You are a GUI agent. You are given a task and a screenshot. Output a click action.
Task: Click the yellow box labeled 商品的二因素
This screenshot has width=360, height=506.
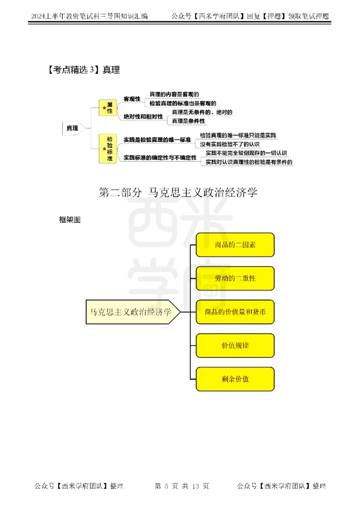point(235,245)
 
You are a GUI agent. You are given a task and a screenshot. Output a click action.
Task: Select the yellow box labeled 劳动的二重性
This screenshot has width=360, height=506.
point(235,278)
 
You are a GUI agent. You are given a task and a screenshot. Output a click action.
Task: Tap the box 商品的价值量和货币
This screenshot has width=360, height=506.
point(235,312)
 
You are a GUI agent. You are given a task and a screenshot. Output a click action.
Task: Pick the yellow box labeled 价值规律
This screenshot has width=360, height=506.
point(235,345)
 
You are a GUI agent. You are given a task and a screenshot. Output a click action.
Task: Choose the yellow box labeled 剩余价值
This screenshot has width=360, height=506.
point(235,379)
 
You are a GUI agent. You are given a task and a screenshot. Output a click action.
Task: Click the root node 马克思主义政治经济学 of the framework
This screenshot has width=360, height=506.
point(131,312)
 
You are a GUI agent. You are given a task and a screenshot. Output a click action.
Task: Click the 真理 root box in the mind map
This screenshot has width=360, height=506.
point(72,128)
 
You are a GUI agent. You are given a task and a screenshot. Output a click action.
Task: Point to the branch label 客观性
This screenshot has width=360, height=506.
point(132,99)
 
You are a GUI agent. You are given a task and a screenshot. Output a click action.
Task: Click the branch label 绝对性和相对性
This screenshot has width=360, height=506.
point(143,117)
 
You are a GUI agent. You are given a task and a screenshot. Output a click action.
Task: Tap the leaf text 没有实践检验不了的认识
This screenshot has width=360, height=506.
point(230,144)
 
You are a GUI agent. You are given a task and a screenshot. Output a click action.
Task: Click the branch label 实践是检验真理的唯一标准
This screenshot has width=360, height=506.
point(157,139)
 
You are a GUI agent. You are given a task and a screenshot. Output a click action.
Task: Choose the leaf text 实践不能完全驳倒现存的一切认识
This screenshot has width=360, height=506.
point(246,153)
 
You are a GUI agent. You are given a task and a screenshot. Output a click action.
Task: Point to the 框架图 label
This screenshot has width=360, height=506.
point(70,219)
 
